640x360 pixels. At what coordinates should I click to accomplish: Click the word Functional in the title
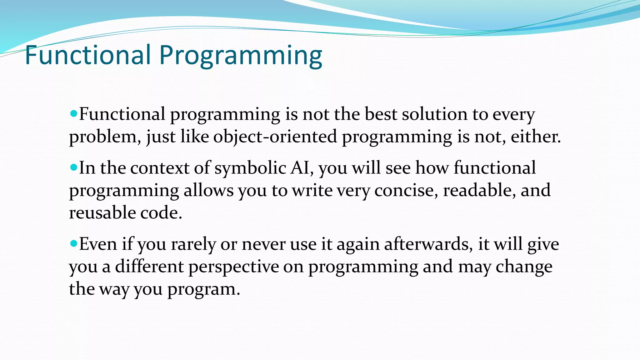tap(87, 55)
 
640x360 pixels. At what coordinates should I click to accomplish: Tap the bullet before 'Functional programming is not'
tap(74, 113)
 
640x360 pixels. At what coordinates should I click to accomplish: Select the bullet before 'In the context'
tap(74, 167)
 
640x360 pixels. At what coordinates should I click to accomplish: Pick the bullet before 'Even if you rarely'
tap(74, 243)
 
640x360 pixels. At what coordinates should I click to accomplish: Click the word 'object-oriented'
tap(275, 137)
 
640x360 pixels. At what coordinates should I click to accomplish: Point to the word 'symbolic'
tap(250, 168)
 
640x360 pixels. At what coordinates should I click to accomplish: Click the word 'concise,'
tap(406, 191)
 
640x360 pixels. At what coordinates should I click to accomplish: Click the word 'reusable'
tap(102, 213)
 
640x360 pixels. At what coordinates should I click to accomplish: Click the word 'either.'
tap(536, 137)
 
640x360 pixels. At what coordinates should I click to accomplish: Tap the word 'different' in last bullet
tap(149, 267)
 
